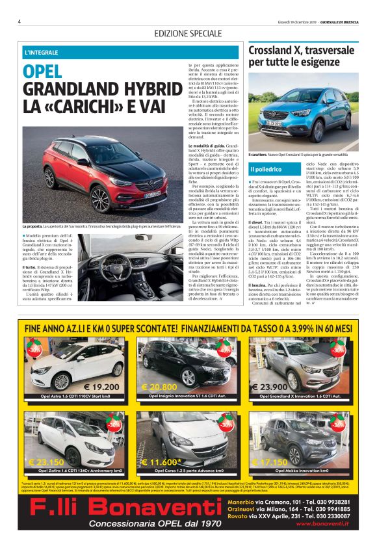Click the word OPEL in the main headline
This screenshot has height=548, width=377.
click(44, 72)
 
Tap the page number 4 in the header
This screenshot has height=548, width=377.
click(19, 21)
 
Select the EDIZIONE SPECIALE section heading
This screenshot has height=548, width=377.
click(188, 33)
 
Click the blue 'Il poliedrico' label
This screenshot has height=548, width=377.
click(265, 169)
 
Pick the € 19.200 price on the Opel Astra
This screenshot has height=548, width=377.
click(101, 386)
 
